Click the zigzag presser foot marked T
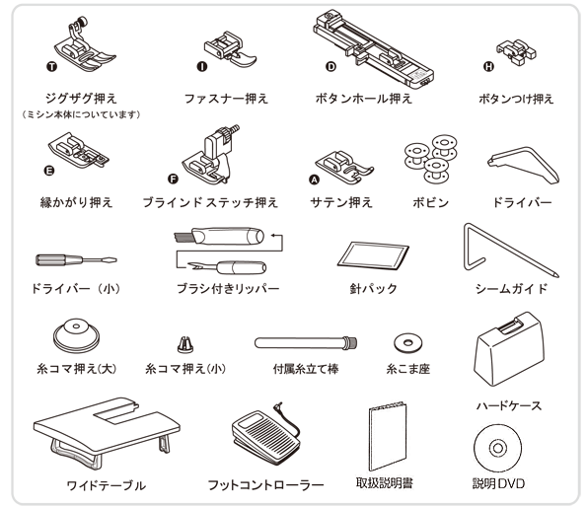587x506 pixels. (x=82, y=49)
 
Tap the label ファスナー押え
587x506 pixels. (x=226, y=99)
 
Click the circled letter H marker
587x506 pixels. (x=487, y=67)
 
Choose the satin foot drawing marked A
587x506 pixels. (x=340, y=164)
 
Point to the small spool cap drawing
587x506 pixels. (x=183, y=343)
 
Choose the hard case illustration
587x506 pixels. (x=510, y=350)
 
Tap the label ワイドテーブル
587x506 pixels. (x=106, y=485)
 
